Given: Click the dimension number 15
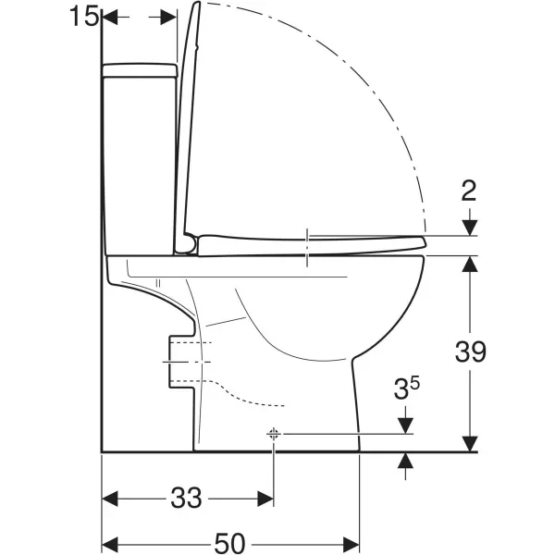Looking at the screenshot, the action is tap(83, 17).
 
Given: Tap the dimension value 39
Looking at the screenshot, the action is tap(471, 351).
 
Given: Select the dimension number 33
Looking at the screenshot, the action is tap(186, 498).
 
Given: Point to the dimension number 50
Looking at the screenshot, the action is tap(229, 543).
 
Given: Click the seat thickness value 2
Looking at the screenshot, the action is tap(469, 191).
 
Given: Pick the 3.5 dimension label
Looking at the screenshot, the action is tap(406, 388).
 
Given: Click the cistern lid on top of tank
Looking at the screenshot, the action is tap(140, 70).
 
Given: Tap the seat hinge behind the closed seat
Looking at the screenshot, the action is tap(187, 244).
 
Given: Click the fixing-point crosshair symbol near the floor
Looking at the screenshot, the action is tap(273, 433).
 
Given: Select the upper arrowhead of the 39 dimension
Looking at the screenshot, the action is tap(470, 264).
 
